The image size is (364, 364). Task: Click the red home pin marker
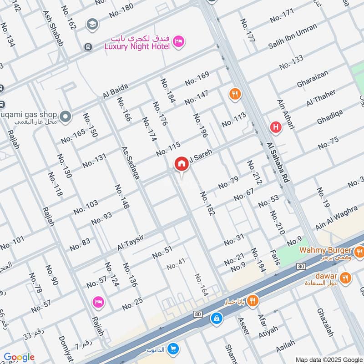[182, 164]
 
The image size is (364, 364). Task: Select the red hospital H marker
[275, 127]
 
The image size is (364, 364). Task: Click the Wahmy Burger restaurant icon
[359, 251]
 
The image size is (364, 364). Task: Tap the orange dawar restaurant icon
[345, 277]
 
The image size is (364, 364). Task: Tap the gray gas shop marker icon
[66, 117]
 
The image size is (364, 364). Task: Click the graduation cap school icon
[92, 23]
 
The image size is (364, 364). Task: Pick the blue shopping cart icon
[172, 349]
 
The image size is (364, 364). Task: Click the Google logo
[19, 357]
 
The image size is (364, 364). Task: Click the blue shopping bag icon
[217, 318]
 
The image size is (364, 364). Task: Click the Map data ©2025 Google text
[328, 359]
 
